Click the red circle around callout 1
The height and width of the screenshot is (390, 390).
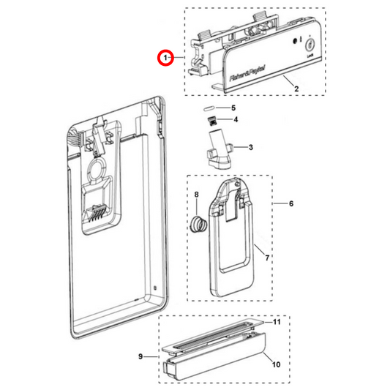[166, 57]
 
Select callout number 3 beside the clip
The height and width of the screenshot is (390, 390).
[250, 147]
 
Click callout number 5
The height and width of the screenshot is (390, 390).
[233, 108]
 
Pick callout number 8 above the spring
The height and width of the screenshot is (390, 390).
[196, 194]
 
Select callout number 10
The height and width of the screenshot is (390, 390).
[276, 364]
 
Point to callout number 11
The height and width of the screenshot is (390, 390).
[277, 322]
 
